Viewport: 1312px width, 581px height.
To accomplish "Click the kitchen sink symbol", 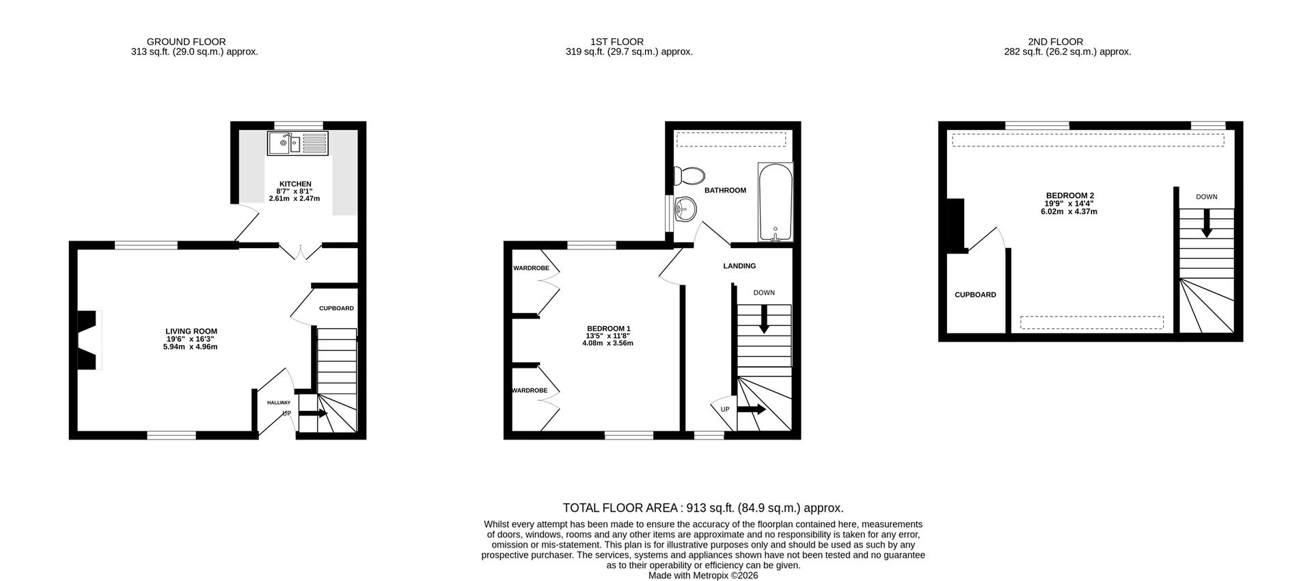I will tap(297, 144).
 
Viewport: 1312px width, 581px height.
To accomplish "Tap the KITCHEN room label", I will tap(295, 184).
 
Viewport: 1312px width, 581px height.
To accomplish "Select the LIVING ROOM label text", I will tap(191, 332).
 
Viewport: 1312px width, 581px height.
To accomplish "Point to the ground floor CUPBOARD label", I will tap(336, 308).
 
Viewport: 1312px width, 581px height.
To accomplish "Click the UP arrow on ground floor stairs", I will tap(314, 414).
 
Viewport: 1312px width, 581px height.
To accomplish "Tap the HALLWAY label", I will tap(278, 403).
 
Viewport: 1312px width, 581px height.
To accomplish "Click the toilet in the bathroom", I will tap(688, 176).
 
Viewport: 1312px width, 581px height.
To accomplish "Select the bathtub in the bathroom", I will tap(775, 202).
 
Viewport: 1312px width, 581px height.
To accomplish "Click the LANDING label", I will tap(739, 266).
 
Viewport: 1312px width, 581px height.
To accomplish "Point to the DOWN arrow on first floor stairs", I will tap(764, 319).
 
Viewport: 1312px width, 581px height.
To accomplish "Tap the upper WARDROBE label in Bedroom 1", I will tap(531, 268).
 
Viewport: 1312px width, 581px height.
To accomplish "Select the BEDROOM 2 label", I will tap(1069, 195).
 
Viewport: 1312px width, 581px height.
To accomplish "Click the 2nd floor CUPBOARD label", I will tap(975, 295).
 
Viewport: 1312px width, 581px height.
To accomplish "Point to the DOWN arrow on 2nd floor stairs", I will tap(1207, 223).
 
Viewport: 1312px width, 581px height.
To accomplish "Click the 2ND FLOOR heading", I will tap(1055, 42).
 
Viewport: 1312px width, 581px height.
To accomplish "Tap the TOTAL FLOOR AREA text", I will tap(702, 508).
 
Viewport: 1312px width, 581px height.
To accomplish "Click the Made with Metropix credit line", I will tap(702, 576).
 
